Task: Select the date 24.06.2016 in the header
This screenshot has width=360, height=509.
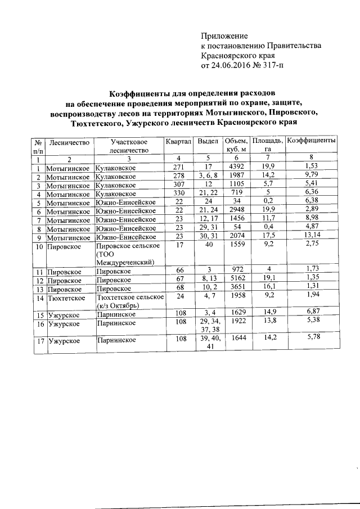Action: pyautogui.click(x=237, y=65)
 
